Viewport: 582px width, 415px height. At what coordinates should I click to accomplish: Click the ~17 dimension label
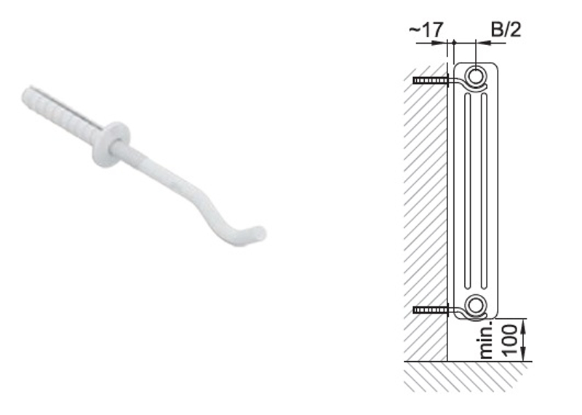tap(426, 30)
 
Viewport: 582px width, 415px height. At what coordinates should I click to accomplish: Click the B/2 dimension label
tap(506, 29)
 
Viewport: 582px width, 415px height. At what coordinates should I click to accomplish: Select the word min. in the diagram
tap(487, 340)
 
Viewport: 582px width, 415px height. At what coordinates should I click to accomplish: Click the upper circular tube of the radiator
tap(475, 76)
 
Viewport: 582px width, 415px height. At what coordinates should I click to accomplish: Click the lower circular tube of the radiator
tap(475, 305)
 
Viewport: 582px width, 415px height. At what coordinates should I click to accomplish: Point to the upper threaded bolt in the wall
tap(431, 80)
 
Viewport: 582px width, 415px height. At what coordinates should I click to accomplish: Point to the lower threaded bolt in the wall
tap(431, 310)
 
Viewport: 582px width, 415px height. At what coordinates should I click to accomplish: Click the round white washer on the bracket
tap(111, 144)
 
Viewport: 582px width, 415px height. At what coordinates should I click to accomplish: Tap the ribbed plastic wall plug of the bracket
tap(61, 113)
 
